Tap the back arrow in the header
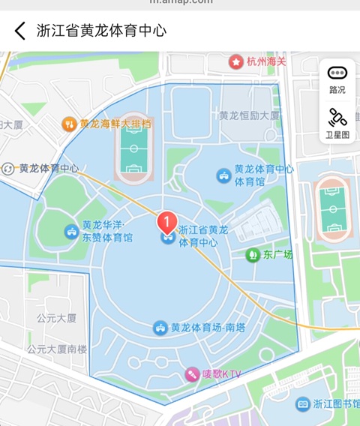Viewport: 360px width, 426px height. (x=20, y=31)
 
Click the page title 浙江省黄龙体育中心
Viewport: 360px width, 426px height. (x=101, y=31)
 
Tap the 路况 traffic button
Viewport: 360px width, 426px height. (x=337, y=79)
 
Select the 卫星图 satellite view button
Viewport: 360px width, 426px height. (x=337, y=124)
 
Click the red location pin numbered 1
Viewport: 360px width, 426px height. (x=166, y=221)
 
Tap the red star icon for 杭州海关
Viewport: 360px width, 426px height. (x=236, y=61)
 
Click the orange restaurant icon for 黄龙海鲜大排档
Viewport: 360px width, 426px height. (x=69, y=124)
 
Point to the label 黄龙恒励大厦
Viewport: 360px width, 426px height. (x=249, y=115)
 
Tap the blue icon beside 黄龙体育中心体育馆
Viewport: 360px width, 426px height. (x=223, y=175)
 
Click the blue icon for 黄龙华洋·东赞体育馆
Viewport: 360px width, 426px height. (x=71, y=230)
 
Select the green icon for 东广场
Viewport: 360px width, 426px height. (x=252, y=255)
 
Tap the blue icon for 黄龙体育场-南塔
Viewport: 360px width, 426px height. (x=160, y=328)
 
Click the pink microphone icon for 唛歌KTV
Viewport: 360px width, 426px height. (x=193, y=373)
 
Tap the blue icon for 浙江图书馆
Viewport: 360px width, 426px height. (x=302, y=404)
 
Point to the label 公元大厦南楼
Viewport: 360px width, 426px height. (x=57, y=349)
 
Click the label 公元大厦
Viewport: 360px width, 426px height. (x=57, y=318)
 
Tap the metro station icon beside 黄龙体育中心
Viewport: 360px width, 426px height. (x=9, y=169)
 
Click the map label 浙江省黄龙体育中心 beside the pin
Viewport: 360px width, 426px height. (x=198, y=236)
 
